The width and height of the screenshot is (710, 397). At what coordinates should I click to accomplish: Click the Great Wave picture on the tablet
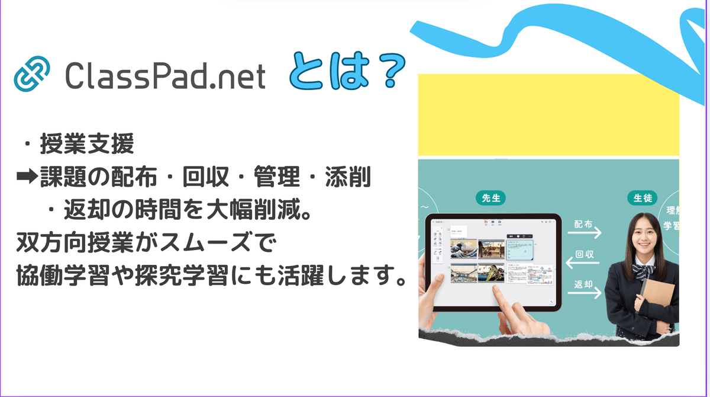[x=463, y=249]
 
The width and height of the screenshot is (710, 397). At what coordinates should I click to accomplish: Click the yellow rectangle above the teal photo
[x=548, y=115]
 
